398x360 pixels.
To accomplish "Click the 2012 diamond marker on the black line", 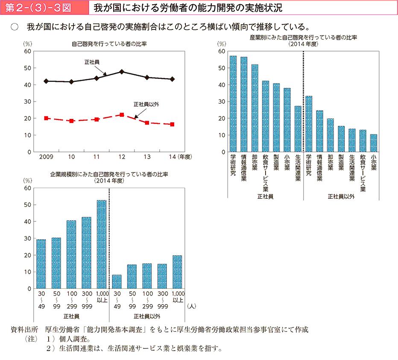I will click(x=122, y=72).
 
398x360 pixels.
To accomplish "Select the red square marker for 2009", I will click(x=46, y=118).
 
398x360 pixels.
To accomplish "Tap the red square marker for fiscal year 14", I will click(x=172, y=125).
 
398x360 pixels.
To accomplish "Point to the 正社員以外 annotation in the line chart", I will click(x=146, y=104).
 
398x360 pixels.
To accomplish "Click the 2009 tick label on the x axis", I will click(x=46, y=157).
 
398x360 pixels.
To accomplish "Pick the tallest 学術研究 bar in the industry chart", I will click(x=233, y=104).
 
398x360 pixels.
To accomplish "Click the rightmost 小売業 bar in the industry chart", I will click(x=374, y=143).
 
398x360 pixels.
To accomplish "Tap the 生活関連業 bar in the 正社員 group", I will click(x=298, y=129).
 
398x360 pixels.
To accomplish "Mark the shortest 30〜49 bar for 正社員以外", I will click(x=117, y=282).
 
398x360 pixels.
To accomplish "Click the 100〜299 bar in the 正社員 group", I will click(x=71, y=255).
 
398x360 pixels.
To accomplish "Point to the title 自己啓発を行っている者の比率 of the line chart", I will click(x=109, y=44).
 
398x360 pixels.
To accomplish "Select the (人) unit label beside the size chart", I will click(x=192, y=305).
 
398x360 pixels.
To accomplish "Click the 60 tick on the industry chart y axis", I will click(x=222, y=51).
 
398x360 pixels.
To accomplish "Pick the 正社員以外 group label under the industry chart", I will click(x=341, y=197).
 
